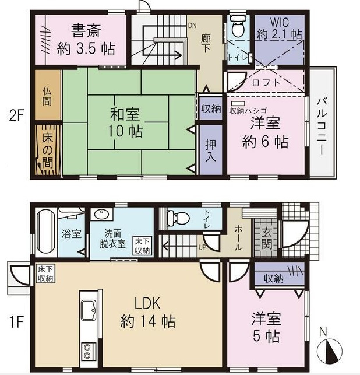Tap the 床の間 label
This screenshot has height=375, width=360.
coord(47,148)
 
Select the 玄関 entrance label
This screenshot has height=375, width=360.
coord(266,237)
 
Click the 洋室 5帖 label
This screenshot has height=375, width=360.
coord(266,327)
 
